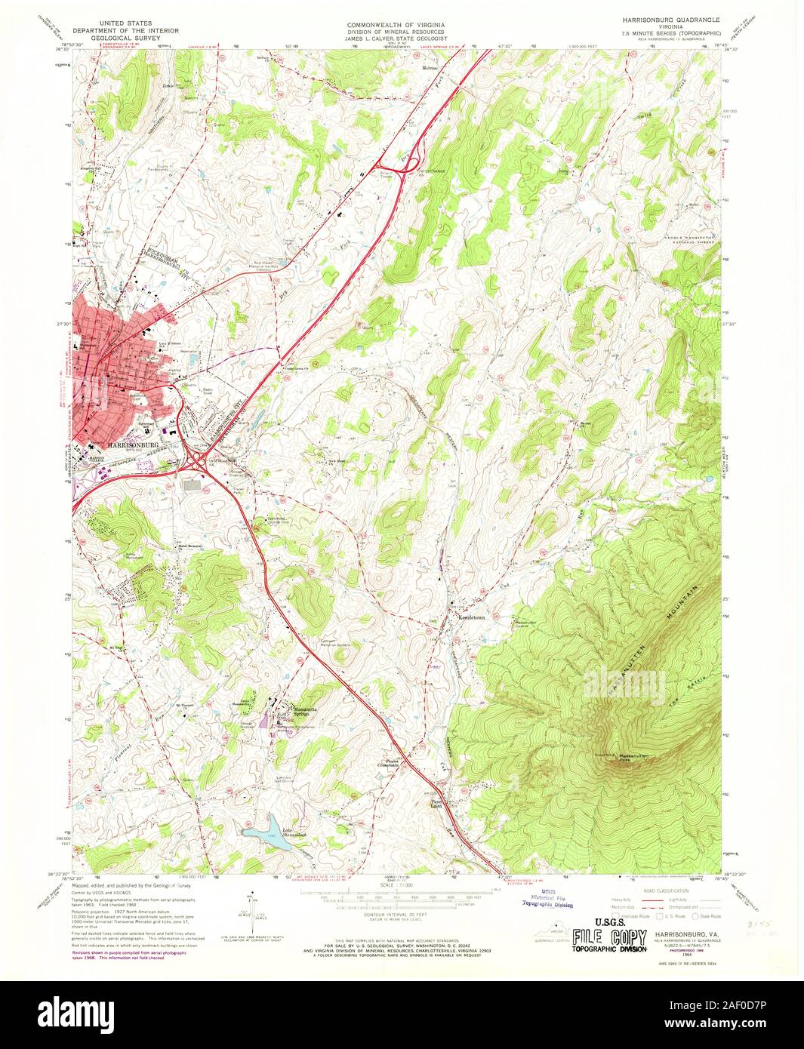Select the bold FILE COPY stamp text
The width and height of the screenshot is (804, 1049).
tap(609, 938)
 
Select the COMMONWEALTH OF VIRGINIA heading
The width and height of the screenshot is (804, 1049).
tap(396, 25)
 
